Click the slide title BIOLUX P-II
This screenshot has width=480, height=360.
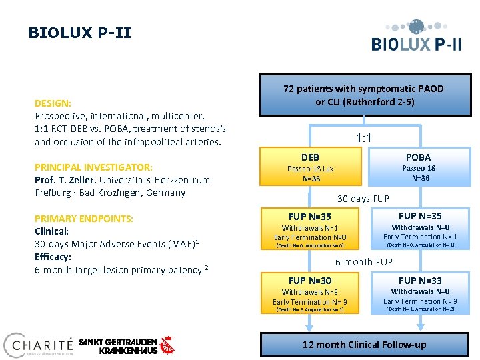(x=80, y=33)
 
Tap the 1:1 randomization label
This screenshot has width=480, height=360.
(x=363, y=139)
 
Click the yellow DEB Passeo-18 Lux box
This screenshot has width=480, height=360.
(x=310, y=167)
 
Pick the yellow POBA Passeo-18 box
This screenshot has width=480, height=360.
(x=419, y=167)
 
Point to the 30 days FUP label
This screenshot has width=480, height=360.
(x=363, y=199)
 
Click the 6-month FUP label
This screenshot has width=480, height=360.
(x=363, y=262)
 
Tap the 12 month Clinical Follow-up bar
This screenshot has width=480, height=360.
(x=364, y=344)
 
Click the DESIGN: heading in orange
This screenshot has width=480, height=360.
(x=53, y=103)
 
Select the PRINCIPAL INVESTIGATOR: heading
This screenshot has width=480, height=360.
(x=93, y=167)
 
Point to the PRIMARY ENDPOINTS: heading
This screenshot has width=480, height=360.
(x=84, y=219)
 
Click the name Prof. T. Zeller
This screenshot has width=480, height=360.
(x=65, y=180)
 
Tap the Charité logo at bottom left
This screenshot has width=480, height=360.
(x=38, y=345)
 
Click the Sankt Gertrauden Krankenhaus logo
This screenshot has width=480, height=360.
(x=127, y=345)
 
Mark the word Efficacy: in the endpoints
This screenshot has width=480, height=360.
(x=53, y=257)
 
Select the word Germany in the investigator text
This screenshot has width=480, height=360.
(x=168, y=193)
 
